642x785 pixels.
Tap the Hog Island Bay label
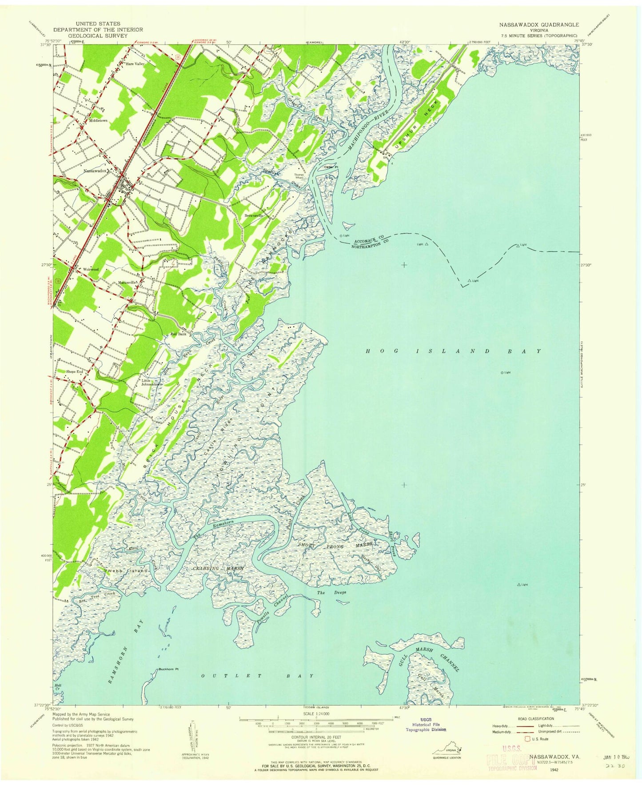(454, 351)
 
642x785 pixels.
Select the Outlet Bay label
(257, 676)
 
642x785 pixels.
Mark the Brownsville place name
(254, 215)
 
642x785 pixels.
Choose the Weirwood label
(91, 269)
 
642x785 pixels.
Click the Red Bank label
(179, 334)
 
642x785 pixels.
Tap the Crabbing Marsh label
(217, 568)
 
